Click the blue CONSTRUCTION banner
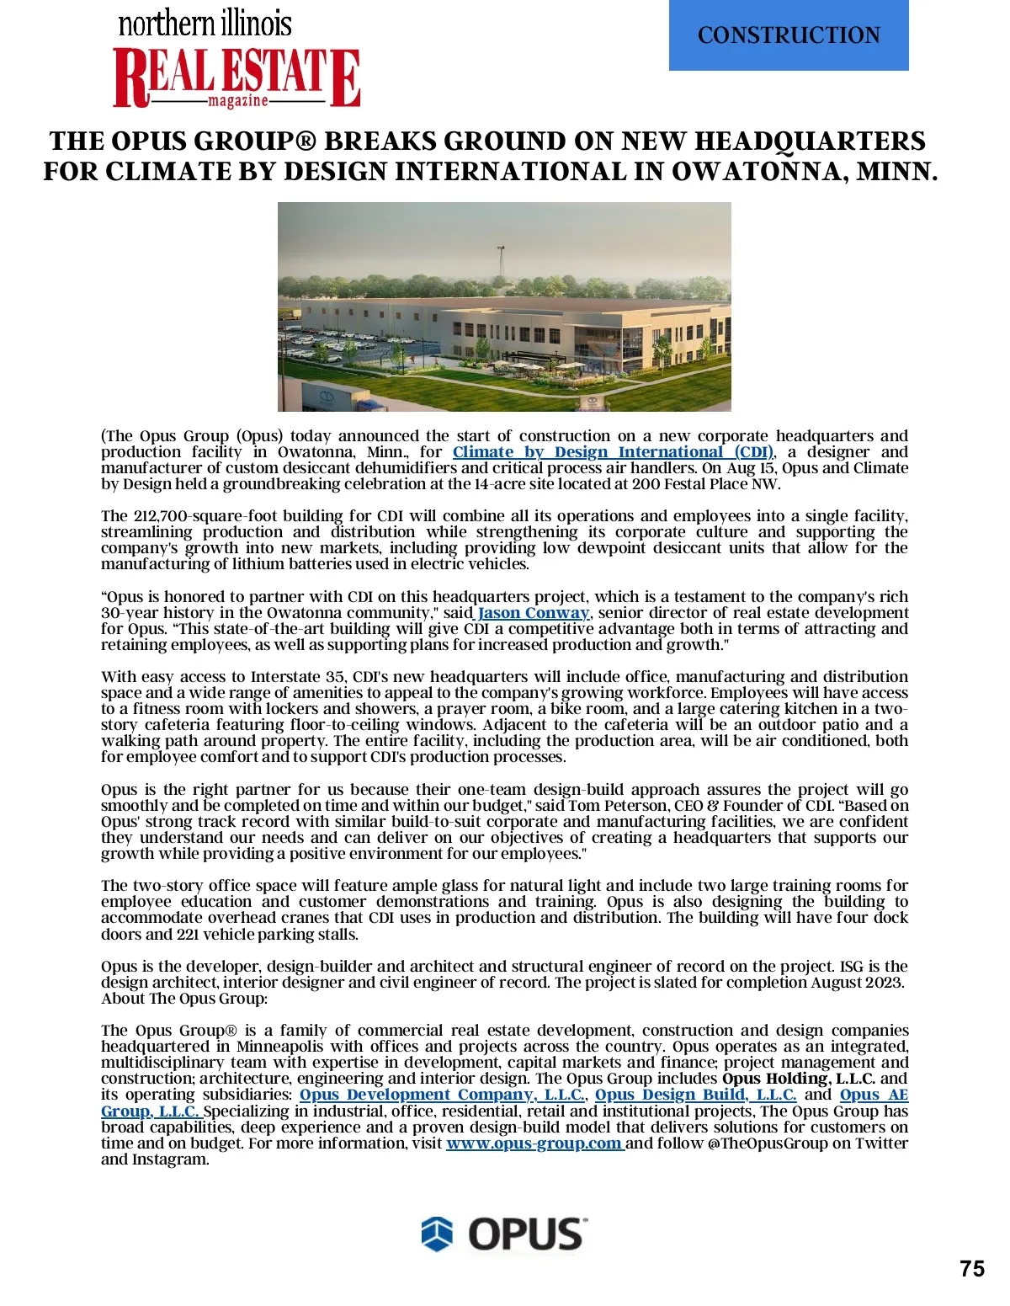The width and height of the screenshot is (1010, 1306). [789, 35]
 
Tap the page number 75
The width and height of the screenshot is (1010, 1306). [971, 1269]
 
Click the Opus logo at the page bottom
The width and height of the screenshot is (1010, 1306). [503, 1234]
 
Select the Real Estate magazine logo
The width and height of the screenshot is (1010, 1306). [237, 77]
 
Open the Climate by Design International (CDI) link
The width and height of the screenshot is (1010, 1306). [613, 452]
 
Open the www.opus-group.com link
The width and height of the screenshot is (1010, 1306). [534, 1143]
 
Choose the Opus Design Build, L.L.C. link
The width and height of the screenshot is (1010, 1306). [695, 1095]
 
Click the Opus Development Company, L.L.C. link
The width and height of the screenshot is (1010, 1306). [442, 1095]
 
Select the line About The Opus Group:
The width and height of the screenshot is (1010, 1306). [184, 999]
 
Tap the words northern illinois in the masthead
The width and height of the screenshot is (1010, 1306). [205, 24]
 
